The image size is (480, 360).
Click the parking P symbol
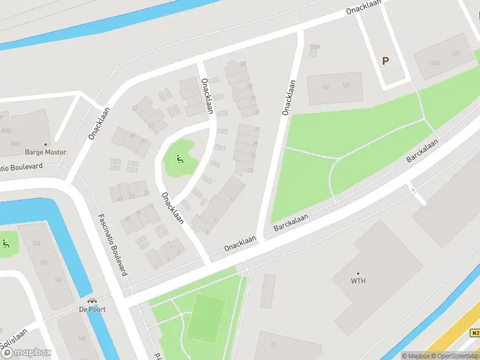385,61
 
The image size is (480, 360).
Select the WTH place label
358,281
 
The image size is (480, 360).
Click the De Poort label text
92,310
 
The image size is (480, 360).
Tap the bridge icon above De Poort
92,301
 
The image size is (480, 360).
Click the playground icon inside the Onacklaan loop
179,159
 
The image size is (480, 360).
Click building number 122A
434,62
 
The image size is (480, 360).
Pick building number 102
325,86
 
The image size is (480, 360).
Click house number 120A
314,47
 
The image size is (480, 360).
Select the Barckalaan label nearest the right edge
422,151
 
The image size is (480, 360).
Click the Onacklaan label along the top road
364,7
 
